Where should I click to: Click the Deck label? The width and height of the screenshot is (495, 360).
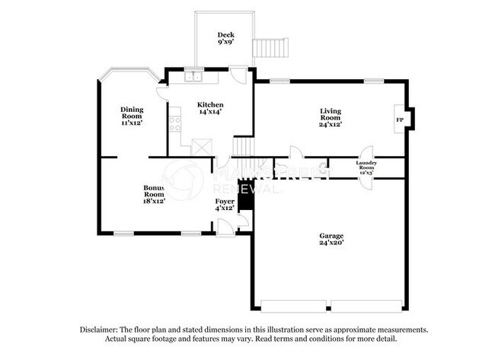pyautogui.click(x=225, y=34)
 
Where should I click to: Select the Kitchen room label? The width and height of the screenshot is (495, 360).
pyautogui.click(x=210, y=104)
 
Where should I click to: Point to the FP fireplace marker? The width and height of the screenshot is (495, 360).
pyautogui.click(x=399, y=120)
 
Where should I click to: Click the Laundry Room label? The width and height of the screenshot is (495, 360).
pyautogui.click(x=366, y=165)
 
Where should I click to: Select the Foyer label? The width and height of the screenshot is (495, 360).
pyautogui.click(x=224, y=201)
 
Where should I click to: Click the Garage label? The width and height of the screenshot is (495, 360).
pyautogui.click(x=331, y=235)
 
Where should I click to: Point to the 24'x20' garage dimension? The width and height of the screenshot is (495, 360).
pyautogui.click(x=331, y=243)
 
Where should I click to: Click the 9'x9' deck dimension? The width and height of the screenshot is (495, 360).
pyautogui.click(x=225, y=43)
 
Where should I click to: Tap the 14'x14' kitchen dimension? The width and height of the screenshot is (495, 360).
pyautogui.click(x=210, y=112)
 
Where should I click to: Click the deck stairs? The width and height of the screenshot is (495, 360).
pyautogui.click(x=272, y=48)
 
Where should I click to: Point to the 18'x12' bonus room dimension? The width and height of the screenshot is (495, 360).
pyautogui.click(x=155, y=202)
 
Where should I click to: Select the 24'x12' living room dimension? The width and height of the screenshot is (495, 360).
pyautogui.click(x=330, y=124)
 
